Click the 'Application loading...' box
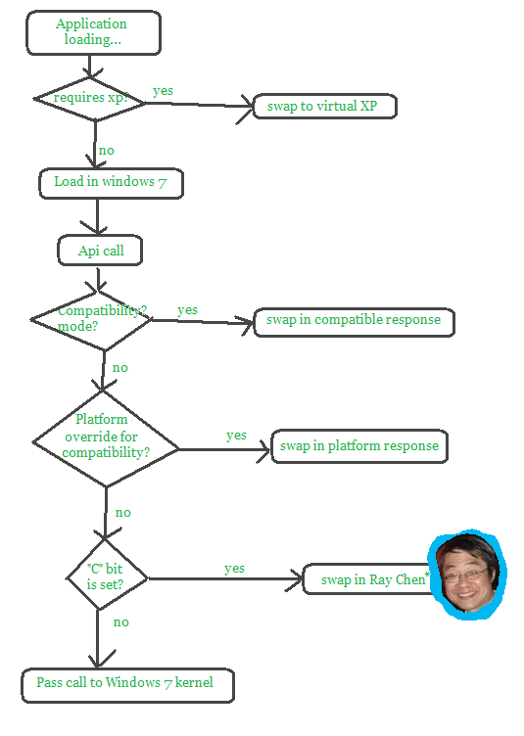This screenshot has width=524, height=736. [93, 33]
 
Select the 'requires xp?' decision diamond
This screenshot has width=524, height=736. [89, 99]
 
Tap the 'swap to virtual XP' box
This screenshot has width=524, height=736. [325, 107]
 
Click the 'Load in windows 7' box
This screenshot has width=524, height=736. [111, 183]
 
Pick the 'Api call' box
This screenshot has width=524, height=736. [100, 251]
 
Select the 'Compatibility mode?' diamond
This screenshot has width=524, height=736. [91, 321]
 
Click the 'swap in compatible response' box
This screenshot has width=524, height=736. [354, 322]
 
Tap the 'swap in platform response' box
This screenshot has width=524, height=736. [359, 446]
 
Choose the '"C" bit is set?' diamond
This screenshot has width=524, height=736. [107, 575]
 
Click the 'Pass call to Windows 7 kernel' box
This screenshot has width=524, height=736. [127, 686]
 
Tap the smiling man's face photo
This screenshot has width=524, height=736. [467, 575]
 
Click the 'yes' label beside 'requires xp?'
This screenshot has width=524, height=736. [163, 91]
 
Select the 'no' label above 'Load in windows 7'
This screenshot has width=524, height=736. [107, 151]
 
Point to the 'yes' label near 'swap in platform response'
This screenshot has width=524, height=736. [236, 437]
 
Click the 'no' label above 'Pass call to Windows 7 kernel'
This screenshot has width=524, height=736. [121, 622]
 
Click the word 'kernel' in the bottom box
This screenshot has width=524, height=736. [194, 682]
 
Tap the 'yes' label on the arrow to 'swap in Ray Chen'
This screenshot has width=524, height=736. [234, 569]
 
